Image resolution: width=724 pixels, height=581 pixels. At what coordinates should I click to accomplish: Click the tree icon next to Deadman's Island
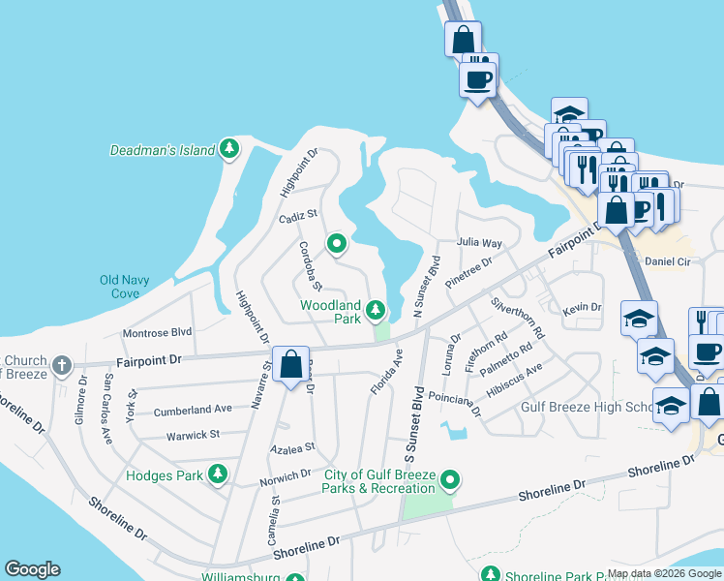pyautogui.click(x=229, y=149)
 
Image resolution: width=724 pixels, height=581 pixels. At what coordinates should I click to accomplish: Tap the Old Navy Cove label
pyautogui.click(x=125, y=287)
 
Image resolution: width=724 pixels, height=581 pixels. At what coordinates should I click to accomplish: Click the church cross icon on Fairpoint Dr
pyautogui.click(x=62, y=365)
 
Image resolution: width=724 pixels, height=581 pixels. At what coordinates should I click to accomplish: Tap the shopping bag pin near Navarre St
pyautogui.click(x=290, y=365)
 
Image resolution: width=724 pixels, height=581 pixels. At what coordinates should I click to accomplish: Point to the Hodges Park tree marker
pyautogui.click(x=220, y=474)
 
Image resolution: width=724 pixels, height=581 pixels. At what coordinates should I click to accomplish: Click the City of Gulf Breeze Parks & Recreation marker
pyautogui.click(x=450, y=479)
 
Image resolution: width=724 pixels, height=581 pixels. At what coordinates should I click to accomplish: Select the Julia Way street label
pyautogui.click(x=480, y=243)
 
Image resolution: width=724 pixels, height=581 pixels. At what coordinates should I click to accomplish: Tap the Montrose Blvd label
pyautogui.click(x=158, y=333)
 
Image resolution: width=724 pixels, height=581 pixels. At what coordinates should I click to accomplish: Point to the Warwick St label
pyautogui.click(x=193, y=435)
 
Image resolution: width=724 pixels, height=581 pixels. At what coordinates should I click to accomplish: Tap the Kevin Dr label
pyautogui.click(x=582, y=307)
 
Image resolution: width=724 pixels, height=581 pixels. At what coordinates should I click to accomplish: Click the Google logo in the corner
pyautogui.click(x=32, y=569)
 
